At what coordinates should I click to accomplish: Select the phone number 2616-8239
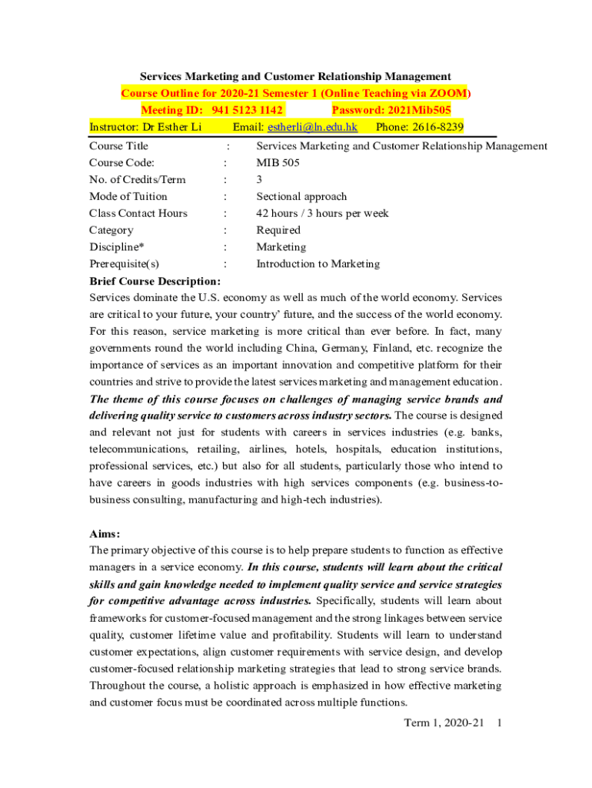click(x=436, y=127)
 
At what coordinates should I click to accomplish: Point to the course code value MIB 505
click(x=278, y=162)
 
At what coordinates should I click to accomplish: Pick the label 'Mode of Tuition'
click(x=128, y=196)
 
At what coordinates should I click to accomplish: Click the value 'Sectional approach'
click(x=301, y=196)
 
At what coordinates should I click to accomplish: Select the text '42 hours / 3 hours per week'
click(x=322, y=213)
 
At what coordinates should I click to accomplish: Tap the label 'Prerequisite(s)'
click(x=125, y=264)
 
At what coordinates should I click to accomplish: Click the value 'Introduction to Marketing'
click(x=318, y=264)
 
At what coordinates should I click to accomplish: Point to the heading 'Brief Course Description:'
click(x=155, y=281)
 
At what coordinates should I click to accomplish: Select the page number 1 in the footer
click(x=500, y=723)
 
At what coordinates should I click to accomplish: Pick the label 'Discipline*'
click(x=117, y=247)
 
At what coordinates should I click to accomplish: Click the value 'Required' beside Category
click(x=278, y=230)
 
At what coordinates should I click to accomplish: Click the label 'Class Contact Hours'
click(x=138, y=213)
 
